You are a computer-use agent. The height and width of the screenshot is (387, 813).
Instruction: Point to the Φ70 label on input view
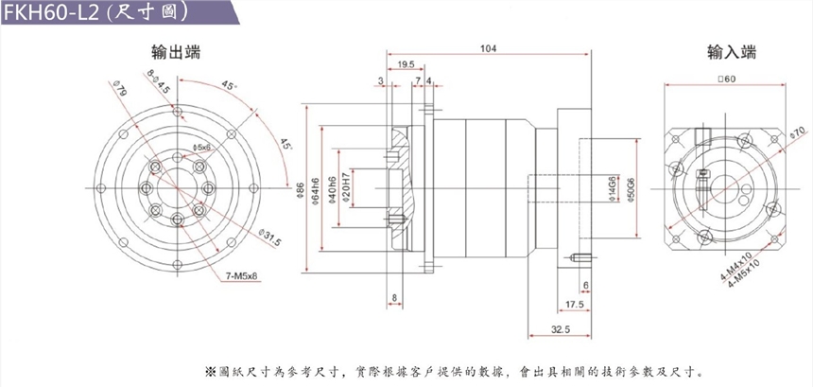[796, 131]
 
